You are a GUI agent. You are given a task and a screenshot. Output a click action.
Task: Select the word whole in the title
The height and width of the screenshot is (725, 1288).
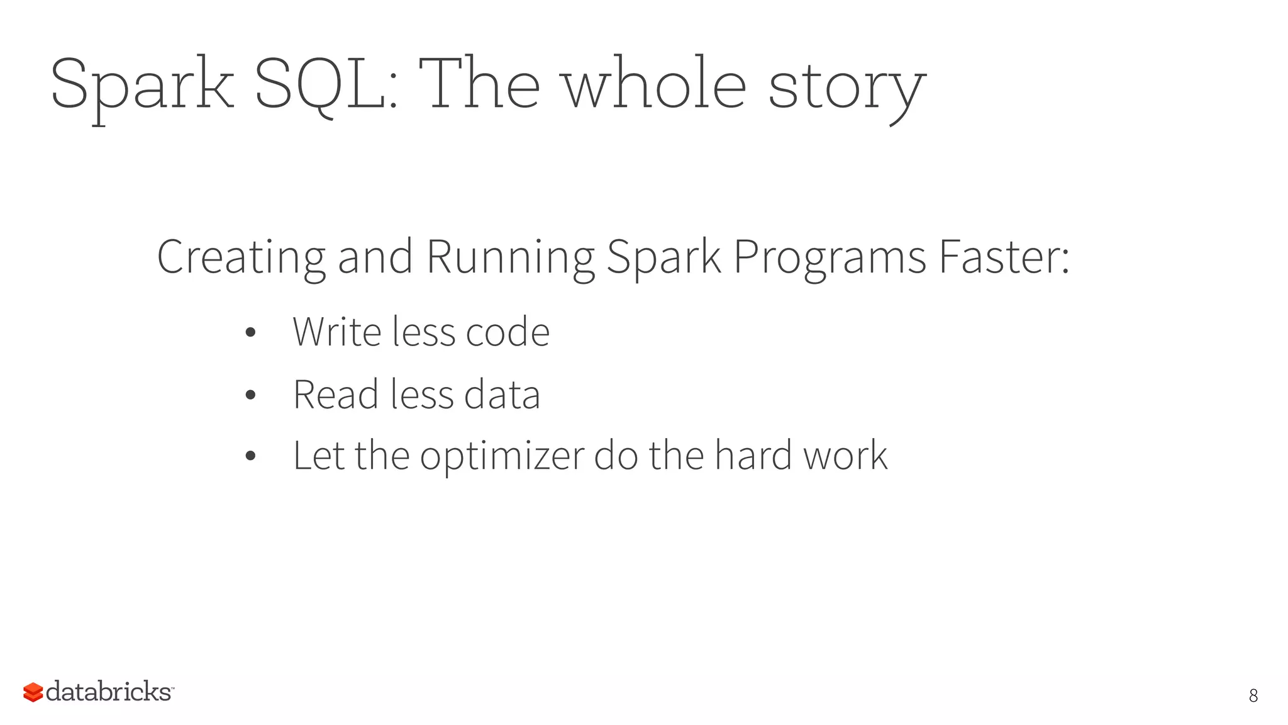(x=654, y=84)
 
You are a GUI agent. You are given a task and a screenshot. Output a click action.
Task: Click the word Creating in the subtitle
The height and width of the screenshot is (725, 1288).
(x=241, y=258)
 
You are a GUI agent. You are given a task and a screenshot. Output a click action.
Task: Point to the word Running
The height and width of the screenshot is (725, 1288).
(x=510, y=258)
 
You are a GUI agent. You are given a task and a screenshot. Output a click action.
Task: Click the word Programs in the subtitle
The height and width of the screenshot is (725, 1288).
(x=830, y=258)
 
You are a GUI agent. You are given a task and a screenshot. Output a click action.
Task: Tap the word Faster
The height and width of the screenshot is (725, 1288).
(x=1004, y=258)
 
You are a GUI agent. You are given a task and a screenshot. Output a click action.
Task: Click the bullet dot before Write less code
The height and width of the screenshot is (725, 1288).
(x=250, y=332)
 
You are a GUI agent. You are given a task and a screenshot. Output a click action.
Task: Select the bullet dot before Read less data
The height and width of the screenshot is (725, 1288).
(x=250, y=395)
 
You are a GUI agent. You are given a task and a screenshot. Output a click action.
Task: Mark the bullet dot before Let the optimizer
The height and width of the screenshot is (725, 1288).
(x=250, y=456)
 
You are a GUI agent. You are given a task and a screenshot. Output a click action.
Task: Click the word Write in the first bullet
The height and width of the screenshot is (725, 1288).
(x=336, y=332)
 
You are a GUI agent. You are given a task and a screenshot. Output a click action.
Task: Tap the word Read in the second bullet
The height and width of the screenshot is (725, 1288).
(x=335, y=395)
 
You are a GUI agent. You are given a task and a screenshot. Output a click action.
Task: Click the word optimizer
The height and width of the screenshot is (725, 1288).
(x=502, y=456)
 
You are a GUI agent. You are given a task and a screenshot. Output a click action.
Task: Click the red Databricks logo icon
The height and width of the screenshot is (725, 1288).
(x=33, y=692)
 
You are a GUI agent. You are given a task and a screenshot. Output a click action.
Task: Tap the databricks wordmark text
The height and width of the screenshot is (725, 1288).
(x=108, y=692)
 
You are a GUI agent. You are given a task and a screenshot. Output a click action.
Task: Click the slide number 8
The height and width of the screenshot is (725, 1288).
(x=1253, y=695)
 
